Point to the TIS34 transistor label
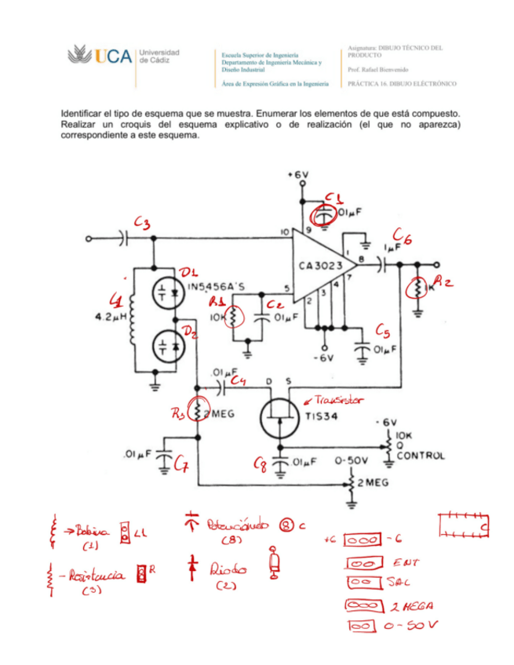[321, 416]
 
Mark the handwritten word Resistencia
[99, 576]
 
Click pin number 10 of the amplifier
[284, 232]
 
